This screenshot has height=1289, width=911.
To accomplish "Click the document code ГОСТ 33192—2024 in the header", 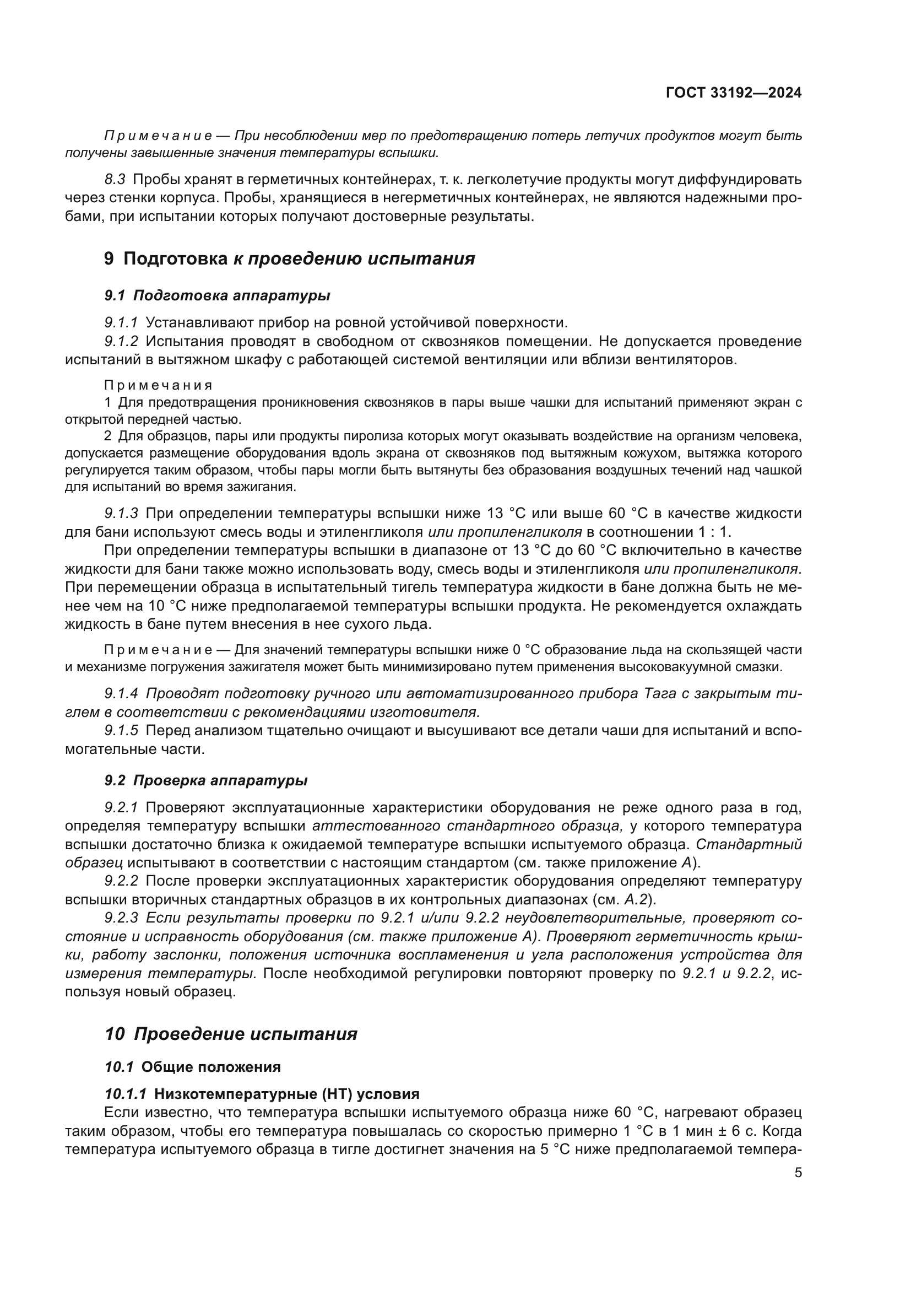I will (733, 93).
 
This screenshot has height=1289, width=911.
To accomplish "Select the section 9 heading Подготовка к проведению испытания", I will (290, 259).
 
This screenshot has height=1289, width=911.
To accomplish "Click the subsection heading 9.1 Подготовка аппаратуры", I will (217, 295).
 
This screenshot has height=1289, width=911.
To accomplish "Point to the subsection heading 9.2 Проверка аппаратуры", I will (206, 780).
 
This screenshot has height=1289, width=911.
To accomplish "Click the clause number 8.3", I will (115, 180).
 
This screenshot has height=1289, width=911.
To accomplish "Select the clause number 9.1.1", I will (121, 323).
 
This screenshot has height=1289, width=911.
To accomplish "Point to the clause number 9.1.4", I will (121, 694).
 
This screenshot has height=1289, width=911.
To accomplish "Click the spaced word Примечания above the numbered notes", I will (158, 385).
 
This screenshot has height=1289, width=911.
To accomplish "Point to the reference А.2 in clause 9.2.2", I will (637, 899).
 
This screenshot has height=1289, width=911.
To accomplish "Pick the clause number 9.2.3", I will (121, 918).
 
